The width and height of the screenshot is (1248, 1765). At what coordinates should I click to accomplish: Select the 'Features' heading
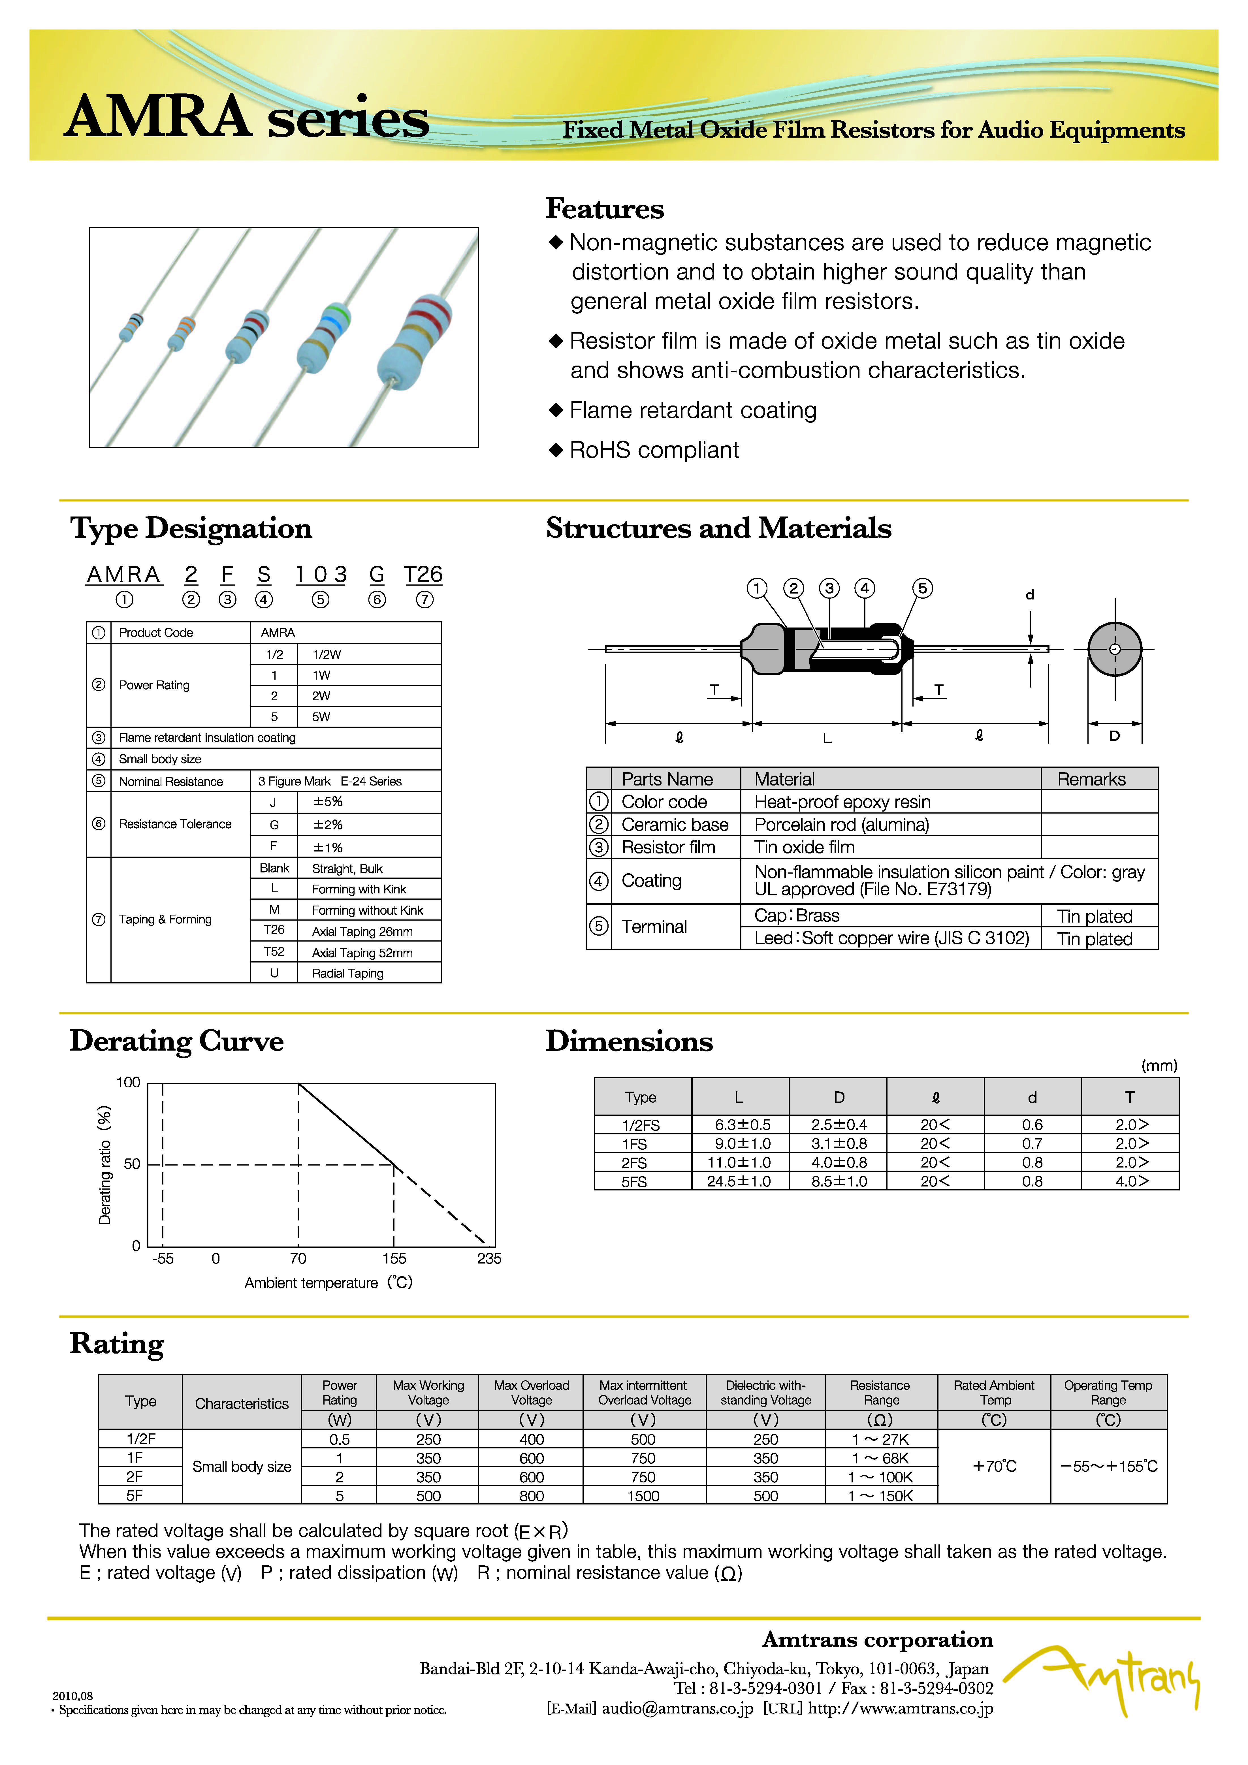[x=604, y=208]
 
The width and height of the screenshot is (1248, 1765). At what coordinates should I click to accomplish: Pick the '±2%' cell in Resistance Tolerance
[x=328, y=825]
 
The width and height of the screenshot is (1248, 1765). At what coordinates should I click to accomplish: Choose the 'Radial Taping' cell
[x=347, y=973]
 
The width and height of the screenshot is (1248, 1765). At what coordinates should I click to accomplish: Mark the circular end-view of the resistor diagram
[x=1114, y=649]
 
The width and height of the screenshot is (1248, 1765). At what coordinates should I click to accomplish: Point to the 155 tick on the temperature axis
[x=394, y=1258]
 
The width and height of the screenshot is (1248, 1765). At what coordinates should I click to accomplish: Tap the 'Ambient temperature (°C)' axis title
[x=328, y=1282]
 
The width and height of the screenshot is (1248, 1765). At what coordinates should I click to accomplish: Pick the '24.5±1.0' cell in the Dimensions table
[x=739, y=1182]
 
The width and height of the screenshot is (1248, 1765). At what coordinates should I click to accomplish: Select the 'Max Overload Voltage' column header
[x=531, y=1392]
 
